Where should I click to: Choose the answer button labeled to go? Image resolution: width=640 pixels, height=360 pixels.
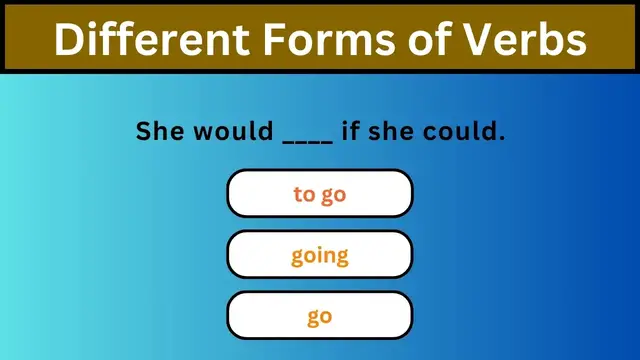(320, 193)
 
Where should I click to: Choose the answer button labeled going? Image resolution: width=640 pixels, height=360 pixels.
(320, 255)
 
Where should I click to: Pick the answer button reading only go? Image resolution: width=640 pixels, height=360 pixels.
(320, 316)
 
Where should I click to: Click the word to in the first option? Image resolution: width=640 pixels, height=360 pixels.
(304, 193)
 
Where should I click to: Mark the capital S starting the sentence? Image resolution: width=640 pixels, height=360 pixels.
(143, 131)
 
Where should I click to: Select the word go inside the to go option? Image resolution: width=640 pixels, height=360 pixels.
(333, 195)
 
